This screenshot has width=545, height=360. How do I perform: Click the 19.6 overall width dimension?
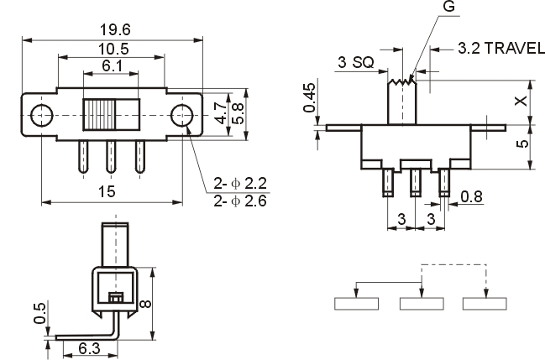(x=113, y=30)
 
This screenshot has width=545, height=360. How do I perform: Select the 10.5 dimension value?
(x=113, y=49)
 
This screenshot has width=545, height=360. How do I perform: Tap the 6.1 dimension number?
(x=113, y=65)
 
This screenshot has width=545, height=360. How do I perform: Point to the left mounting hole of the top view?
(x=38, y=114)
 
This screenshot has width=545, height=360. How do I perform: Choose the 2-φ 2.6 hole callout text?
(x=239, y=201)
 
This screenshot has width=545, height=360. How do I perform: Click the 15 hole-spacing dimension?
(x=107, y=192)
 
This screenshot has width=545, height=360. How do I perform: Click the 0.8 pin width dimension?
(x=472, y=198)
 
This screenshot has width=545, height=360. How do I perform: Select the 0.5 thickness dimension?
(x=39, y=313)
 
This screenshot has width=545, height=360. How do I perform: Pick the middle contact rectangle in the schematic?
(x=421, y=304)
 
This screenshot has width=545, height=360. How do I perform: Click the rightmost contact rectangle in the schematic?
(x=485, y=304)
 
